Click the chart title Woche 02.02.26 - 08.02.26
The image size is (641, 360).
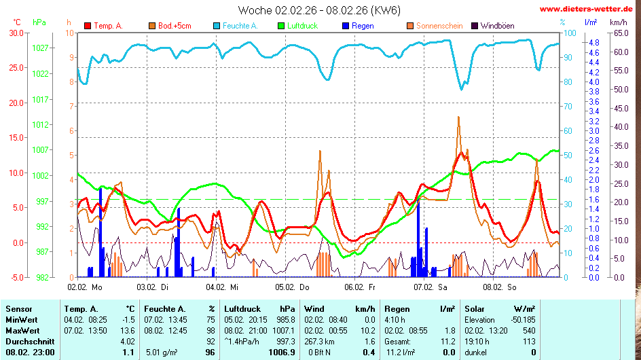(319, 10)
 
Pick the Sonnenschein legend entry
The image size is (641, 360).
(439, 26)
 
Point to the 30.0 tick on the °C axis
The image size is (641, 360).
(15, 33)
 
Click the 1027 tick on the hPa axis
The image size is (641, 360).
(39, 48)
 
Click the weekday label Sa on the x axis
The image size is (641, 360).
(443, 287)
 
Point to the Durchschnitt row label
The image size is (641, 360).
(28, 341)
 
